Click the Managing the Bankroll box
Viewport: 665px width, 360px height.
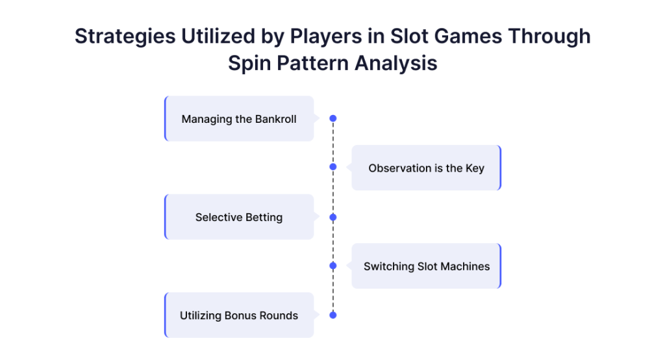[x=239, y=118]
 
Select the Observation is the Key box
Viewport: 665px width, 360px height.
[x=426, y=168]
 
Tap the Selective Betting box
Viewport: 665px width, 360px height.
[x=239, y=217]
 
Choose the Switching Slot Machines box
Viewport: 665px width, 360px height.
[x=426, y=266]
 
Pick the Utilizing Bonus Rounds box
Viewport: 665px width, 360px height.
[x=239, y=315]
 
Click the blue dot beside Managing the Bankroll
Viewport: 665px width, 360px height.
[x=333, y=118]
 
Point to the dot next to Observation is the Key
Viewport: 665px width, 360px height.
[x=333, y=167]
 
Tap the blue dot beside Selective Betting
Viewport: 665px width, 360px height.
[x=333, y=217]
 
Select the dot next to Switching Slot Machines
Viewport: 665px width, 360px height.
[x=333, y=266]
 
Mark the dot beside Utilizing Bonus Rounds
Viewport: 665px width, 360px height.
[x=333, y=315]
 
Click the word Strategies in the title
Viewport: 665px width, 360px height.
[x=125, y=37]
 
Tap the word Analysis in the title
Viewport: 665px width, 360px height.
[x=395, y=64]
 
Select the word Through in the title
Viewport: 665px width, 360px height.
[x=549, y=36]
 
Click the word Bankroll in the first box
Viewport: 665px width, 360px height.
[x=275, y=119]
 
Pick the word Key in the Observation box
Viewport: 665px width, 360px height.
[x=475, y=168]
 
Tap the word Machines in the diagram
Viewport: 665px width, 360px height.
[x=465, y=266]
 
